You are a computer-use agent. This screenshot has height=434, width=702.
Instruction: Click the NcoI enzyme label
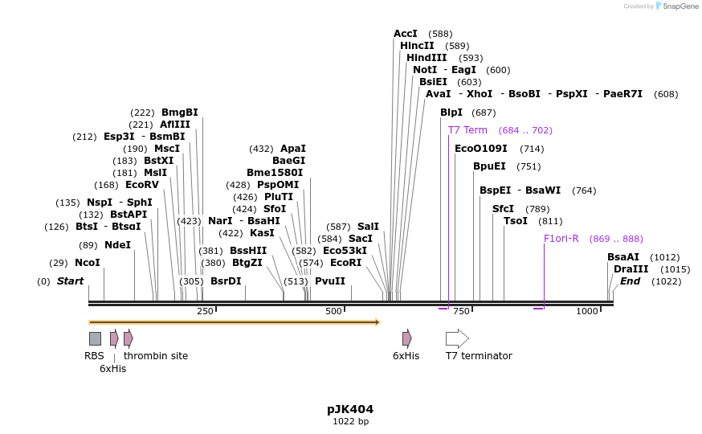88,263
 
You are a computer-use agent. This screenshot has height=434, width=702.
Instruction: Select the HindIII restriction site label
427,58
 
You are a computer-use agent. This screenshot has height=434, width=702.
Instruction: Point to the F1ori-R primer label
561,239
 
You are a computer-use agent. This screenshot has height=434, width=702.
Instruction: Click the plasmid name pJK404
350,409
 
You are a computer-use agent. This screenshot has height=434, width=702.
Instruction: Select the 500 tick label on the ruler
334,311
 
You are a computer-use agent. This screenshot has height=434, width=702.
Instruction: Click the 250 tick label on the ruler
205,311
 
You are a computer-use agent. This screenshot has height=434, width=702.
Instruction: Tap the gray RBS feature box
95,338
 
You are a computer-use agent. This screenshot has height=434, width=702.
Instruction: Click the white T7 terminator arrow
457,338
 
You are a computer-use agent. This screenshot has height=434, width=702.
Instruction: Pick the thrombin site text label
156,355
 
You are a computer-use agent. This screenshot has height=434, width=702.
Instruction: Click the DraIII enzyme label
631,269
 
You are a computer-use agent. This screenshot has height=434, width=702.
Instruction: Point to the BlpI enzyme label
451,113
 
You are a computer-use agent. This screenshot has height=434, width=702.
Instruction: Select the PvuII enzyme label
330,281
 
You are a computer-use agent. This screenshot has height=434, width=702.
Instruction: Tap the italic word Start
70,281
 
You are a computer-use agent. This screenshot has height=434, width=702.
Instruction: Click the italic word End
630,281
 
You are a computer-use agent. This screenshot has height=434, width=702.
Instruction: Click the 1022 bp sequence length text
350,421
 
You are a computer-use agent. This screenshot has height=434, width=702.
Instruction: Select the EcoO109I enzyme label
481,149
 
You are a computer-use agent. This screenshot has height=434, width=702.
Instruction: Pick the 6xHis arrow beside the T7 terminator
407,338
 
